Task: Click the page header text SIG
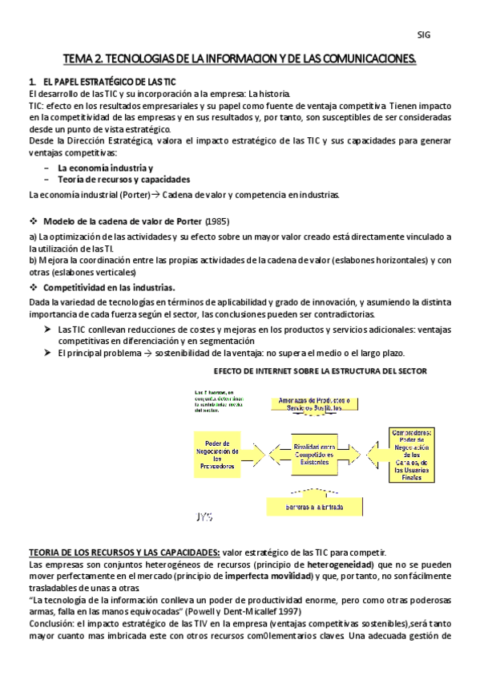click(424, 34)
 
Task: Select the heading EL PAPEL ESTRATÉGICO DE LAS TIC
click(108, 83)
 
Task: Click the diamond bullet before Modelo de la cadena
click(33, 221)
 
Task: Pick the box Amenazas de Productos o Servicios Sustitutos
click(314, 405)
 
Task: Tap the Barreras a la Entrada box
click(314, 507)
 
